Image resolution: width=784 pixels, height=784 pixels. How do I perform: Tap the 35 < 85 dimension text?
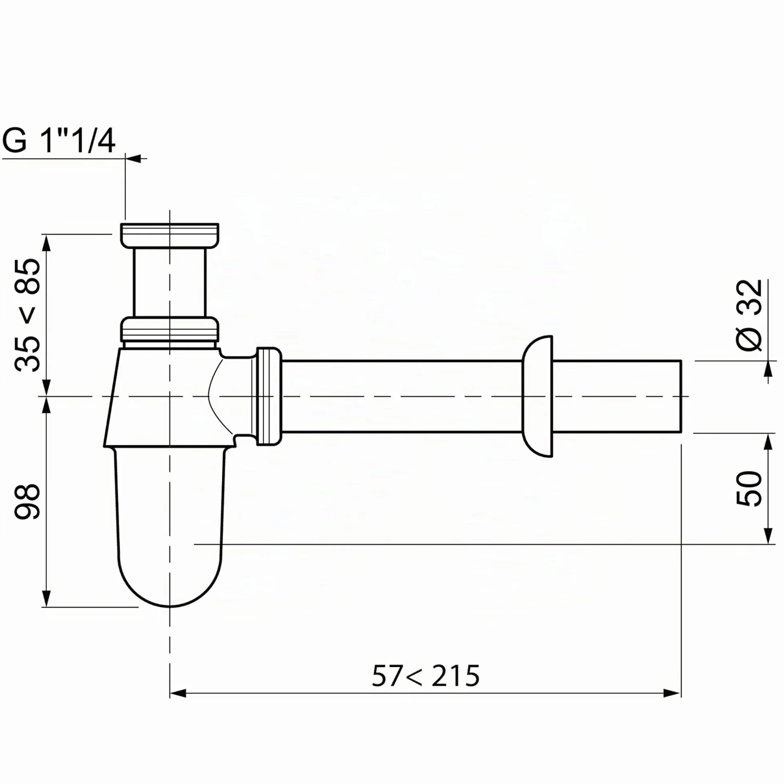click(x=28, y=315)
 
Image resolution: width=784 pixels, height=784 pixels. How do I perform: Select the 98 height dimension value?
click(x=28, y=502)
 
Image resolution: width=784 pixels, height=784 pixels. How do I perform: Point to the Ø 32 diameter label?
click(x=749, y=315)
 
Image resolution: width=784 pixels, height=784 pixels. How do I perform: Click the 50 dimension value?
click(x=749, y=488)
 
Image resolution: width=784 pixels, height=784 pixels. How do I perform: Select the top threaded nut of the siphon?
click(x=170, y=235)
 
